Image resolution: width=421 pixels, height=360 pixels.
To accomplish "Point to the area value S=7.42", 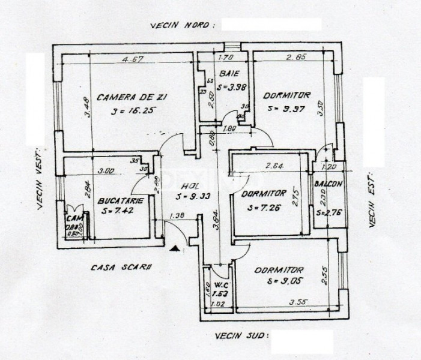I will pos(120,211).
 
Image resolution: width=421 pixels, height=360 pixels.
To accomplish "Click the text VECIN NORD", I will pos(180,26).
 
